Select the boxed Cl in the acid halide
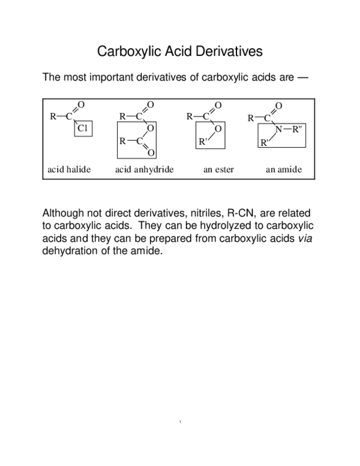pyautogui.click(x=83, y=128)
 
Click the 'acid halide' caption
pyautogui.click(x=69, y=169)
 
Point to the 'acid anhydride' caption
pyautogui.click(x=144, y=169)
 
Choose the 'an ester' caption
pyautogui.click(x=218, y=169)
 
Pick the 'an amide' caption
pyautogui.click(x=284, y=169)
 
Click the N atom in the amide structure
pyautogui.click(x=278, y=130)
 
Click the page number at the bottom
pyautogui.click(x=180, y=423)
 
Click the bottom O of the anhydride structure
pyautogui.click(x=151, y=153)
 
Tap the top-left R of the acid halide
pyautogui.click(x=53, y=116)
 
